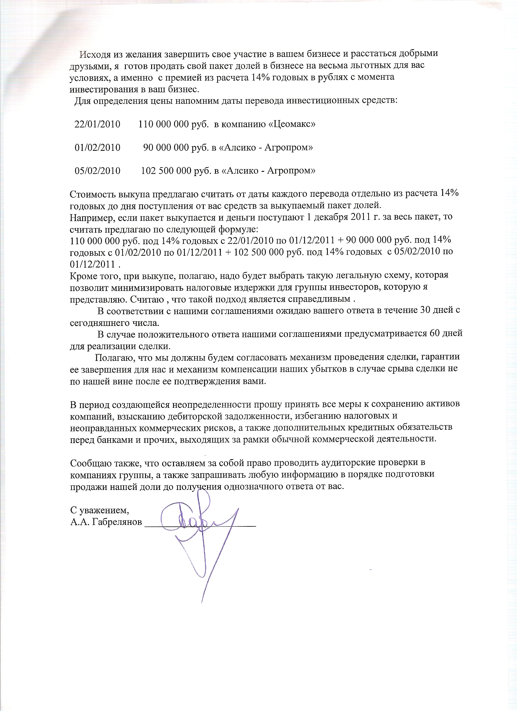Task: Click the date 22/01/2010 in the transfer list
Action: [x=97, y=124]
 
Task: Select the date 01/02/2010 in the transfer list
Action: [x=97, y=148]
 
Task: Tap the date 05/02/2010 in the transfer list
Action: [x=97, y=171]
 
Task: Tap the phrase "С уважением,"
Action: [x=99, y=510]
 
